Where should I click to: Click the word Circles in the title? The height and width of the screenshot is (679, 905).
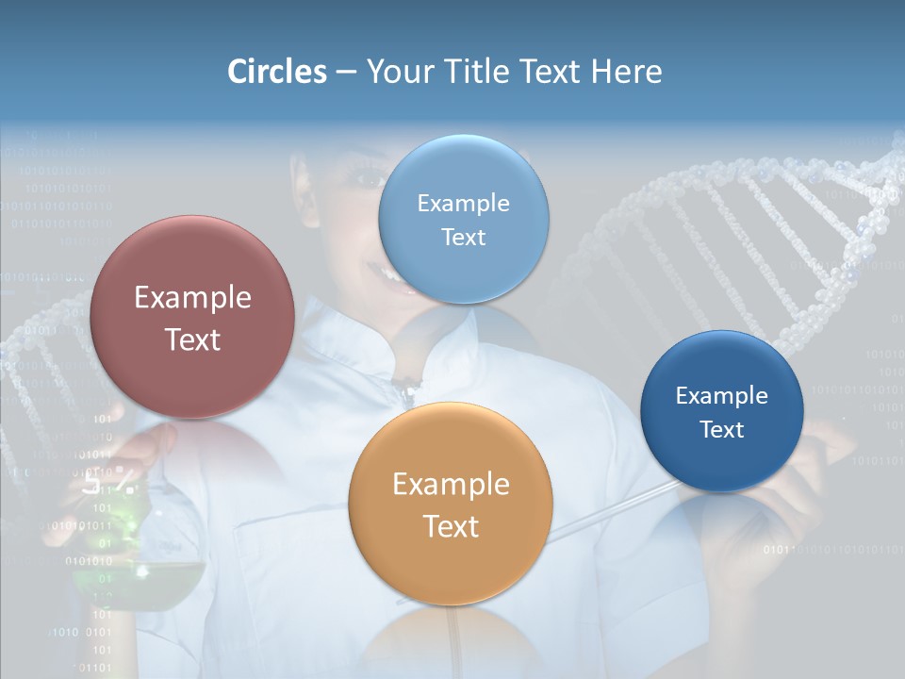pyautogui.click(x=277, y=72)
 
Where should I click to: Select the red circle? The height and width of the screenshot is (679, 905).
pyautogui.click(x=192, y=318)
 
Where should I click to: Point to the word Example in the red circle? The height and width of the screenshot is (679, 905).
pyautogui.click(x=192, y=298)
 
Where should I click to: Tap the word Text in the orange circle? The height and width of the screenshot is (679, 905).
pyautogui.click(x=451, y=526)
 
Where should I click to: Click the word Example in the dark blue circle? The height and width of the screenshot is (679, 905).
pyautogui.click(x=722, y=396)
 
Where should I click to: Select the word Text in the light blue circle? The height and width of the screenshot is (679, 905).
pyautogui.click(x=463, y=238)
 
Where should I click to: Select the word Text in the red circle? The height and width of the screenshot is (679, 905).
pyautogui.click(x=192, y=339)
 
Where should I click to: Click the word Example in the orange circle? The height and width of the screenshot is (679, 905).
pyautogui.click(x=451, y=485)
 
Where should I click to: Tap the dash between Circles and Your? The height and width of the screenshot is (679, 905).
pyautogui.click(x=346, y=72)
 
